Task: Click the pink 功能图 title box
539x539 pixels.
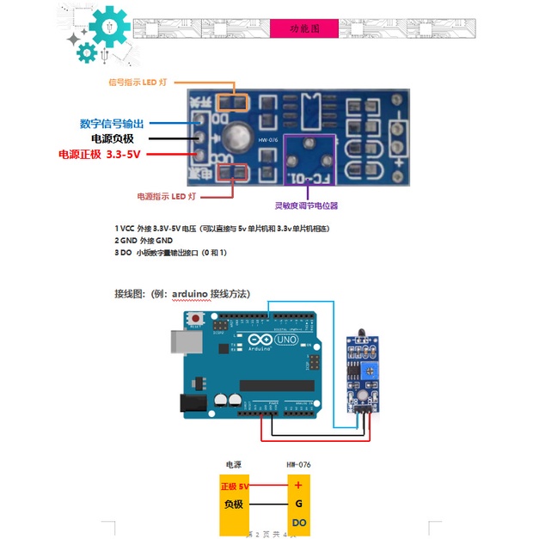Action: coord(304,28)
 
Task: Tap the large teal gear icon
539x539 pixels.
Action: coord(108,28)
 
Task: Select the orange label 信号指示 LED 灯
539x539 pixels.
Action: coord(138,83)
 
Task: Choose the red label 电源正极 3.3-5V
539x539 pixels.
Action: coord(99,154)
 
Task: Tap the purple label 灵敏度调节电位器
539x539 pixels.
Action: coord(306,205)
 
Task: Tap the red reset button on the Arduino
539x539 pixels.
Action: coord(198,319)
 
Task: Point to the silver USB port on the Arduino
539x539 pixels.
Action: coord(184,341)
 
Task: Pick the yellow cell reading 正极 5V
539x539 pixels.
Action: coord(235,486)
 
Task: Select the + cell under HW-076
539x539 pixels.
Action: coord(298,486)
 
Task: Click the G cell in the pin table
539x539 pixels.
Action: coord(298,505)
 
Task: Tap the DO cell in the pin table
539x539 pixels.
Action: coord(298,523)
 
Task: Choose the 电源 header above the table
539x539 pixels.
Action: coord(234,464)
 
